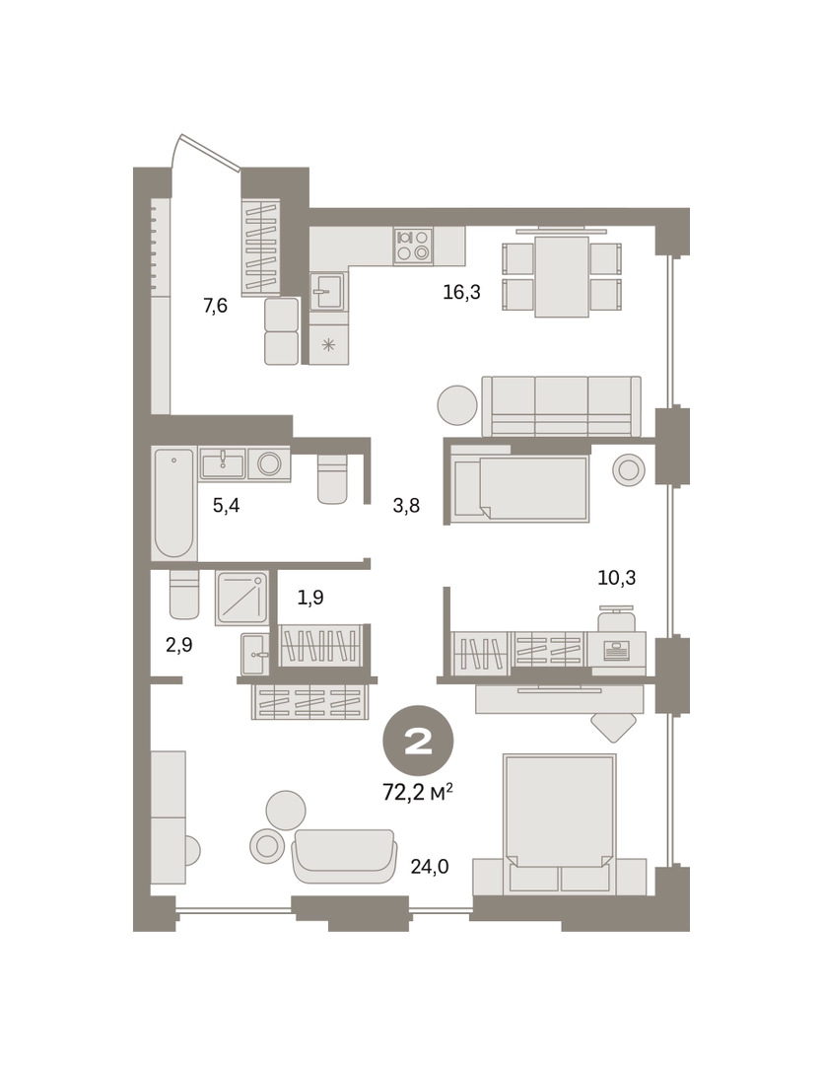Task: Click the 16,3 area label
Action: click(x=461, y=292)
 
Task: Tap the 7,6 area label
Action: click(x=215, y=306)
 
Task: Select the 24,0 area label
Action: click(x=430, y=867)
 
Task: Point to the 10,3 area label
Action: click(x=617, y=577)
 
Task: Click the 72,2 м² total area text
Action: click(x=418, y=791)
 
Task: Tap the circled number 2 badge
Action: click(x=418, y=743)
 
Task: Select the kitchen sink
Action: click(x=328, y=291)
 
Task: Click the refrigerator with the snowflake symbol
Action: click(x=328, y=344)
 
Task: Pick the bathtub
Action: click(x=173, y=502)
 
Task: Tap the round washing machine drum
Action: click(x=270, y=463)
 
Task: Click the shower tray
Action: click(x=241, y=598)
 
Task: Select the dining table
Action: click(x=562, y=276)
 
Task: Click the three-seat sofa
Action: click(x=562, y=406)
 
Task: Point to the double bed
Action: click(x=560, y=823)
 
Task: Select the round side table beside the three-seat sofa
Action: click(x=457, y=405)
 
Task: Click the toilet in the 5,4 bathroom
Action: click(x=333, y=479)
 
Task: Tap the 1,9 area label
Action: click(x=310, y=597)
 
